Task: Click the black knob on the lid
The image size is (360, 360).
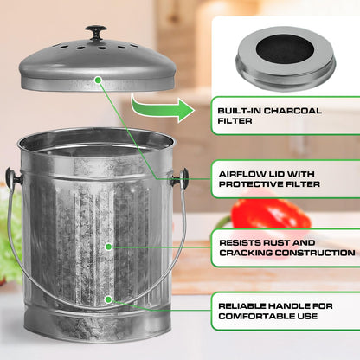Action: point(96,32)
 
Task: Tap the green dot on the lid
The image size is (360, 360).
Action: point(99,80)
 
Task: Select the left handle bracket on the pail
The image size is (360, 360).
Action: point(15,178)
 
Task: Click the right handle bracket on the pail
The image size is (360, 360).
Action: point(179,179)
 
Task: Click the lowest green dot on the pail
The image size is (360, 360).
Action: point(107,299)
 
